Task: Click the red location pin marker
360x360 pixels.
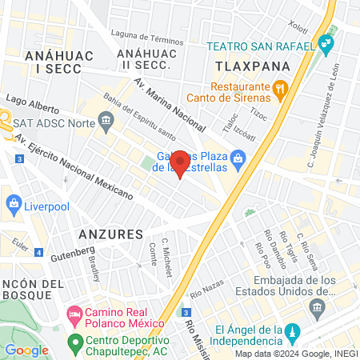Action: [181, 162]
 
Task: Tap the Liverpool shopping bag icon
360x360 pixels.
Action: [14, 205]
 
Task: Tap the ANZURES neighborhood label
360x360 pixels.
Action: [110, 234]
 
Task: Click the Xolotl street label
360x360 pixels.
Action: [298, 25]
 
